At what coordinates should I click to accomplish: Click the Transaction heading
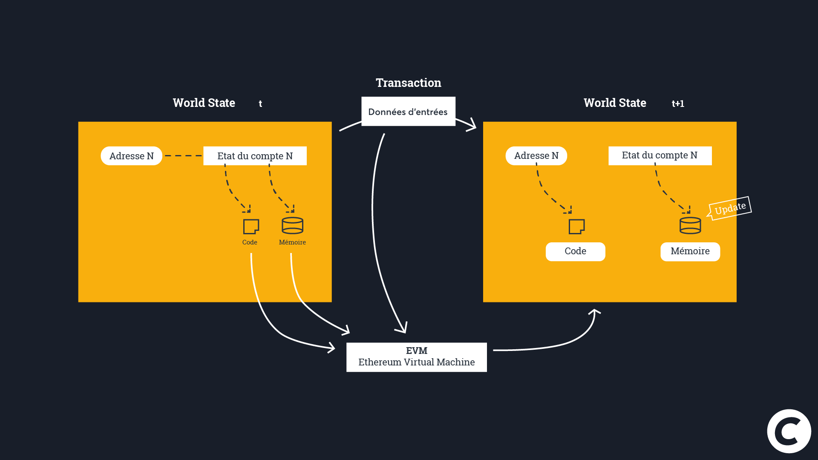[408, 83]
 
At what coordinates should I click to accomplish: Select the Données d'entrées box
[408, 112]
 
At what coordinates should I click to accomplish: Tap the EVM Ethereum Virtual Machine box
[416, 357]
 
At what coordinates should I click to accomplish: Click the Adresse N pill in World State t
[131, 156]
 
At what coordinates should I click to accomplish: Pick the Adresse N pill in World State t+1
[536, 156]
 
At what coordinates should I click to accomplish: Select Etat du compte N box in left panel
[255, 156]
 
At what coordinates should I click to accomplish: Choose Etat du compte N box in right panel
[660, 155]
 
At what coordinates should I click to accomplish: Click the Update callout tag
[730, 208]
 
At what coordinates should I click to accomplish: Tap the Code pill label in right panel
[575, 251]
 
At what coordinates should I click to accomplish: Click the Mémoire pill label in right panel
[690, 251]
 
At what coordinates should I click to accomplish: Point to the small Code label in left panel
[250, 242]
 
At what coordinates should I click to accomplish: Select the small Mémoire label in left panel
[292, 242]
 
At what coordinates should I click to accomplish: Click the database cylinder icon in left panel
[293, 226]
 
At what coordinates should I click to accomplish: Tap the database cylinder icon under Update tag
[690, 226]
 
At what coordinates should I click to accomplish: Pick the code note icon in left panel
[251, 227]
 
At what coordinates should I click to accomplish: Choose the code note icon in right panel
[577, 227]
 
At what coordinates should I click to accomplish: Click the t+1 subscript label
[678, 103]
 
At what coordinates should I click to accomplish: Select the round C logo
[789, 431]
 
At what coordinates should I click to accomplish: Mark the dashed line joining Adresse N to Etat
[183, 156]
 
